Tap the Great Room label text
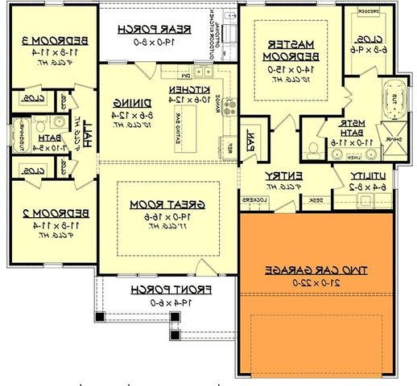(170, 205)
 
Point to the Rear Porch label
(144, 29)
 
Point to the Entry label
(283, 175)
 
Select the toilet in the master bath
(313, 148)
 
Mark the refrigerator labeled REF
(229, 147)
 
